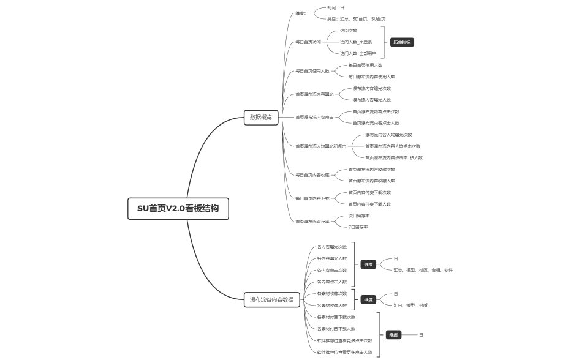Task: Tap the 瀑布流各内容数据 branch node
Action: pos(271,299)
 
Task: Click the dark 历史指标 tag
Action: pos(402,42)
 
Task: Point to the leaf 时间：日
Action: pos(336,8)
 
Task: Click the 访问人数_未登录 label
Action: pos(356,42)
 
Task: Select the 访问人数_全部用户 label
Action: pos(358,54)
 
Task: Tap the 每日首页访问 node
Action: pos(308,42)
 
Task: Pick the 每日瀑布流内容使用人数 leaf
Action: pos(371,77)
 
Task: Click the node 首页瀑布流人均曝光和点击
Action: pos(320,146)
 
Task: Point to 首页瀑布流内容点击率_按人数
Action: pos(394,157)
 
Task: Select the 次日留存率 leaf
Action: pos(359,216)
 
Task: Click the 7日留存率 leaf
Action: pos(358,227)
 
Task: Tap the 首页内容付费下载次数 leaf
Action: pos(369,192)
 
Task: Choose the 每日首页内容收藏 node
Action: pos(312,175)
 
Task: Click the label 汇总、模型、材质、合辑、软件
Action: pos(423,269)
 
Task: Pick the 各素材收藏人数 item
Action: pos(331,305)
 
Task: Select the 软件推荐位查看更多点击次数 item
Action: pos(344,340)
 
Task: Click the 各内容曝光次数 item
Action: pos(331,247)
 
